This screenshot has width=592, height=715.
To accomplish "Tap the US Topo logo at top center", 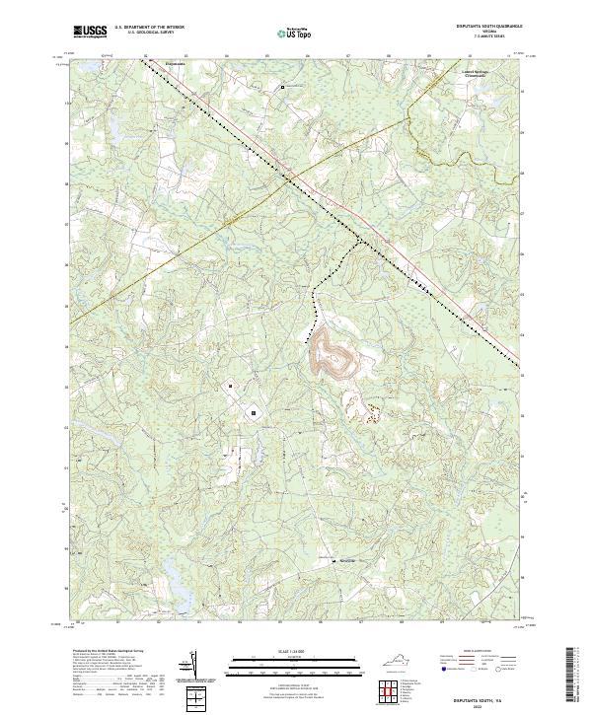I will (x=291, y=33).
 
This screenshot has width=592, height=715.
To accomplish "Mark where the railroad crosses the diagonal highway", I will (x=289, y=178).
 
